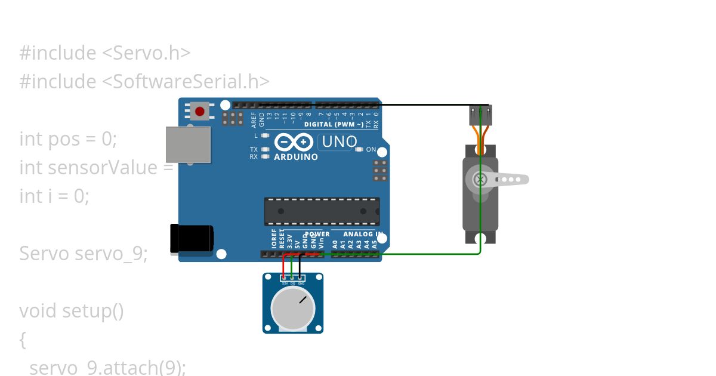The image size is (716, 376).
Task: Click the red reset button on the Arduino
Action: (x=199, y=110)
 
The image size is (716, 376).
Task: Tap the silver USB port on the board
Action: (x=188, y=144)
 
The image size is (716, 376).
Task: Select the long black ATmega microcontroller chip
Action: (x=322, y=212)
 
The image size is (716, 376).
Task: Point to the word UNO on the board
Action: (x=339, y=141)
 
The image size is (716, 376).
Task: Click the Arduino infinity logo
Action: (x=295, y=142)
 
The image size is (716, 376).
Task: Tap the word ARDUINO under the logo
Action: (x=296, y=157)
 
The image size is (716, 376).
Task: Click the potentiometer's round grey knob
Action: (x=292, y=308)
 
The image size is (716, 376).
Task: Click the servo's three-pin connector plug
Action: (x=480, y=113)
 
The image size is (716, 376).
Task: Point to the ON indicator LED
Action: (x=359, y=150)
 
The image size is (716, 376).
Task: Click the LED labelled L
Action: (x=266, y=135)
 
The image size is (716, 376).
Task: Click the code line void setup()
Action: (x=72, y=311)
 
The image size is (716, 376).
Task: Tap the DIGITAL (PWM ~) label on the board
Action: (x=334, y=125)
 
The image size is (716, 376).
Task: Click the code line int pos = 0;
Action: (x=68, y=139)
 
